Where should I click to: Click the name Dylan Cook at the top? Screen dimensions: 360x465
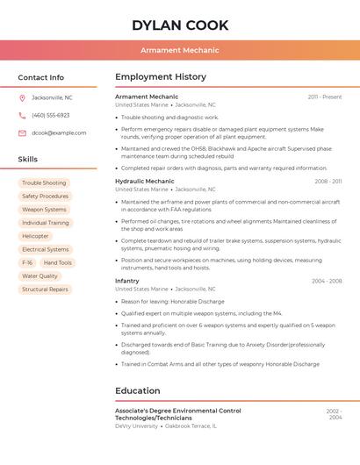(x=180, y=25)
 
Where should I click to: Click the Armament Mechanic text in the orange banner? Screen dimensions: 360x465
(x=180, y=50)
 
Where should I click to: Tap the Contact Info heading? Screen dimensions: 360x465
(x=41, y=77)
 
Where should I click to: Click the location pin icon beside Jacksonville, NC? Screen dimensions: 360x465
(x=22, y=97)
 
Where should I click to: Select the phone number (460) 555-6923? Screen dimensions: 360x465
(x=50, y=115)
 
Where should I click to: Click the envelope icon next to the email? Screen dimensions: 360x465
(x=22, y=132)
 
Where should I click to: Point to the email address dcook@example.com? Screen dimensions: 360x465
(x=59, y=132)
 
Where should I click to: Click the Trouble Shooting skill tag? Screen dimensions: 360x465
(x=44, y=183)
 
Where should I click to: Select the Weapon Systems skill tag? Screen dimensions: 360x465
(x=44, y=210)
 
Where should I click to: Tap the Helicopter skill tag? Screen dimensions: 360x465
(x=36, y=236)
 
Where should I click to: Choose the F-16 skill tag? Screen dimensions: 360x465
(x=27, y=262)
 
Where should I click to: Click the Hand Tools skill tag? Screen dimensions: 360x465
(x=58, y=262)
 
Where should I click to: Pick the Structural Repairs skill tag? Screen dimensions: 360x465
(x=45, y=289)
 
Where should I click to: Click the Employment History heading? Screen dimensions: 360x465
(x=161, y=77)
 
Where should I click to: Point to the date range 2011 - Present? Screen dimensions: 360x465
(x=325, y=97)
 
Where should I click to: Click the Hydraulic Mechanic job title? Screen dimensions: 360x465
(x=145, y=181)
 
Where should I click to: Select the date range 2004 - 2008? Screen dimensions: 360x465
(x=327, y=281)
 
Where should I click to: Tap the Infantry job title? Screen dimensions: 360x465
(x=127, y=281)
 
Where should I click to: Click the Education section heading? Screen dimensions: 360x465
(x=138, y=390)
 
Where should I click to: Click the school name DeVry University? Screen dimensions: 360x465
(x=137, y=426)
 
